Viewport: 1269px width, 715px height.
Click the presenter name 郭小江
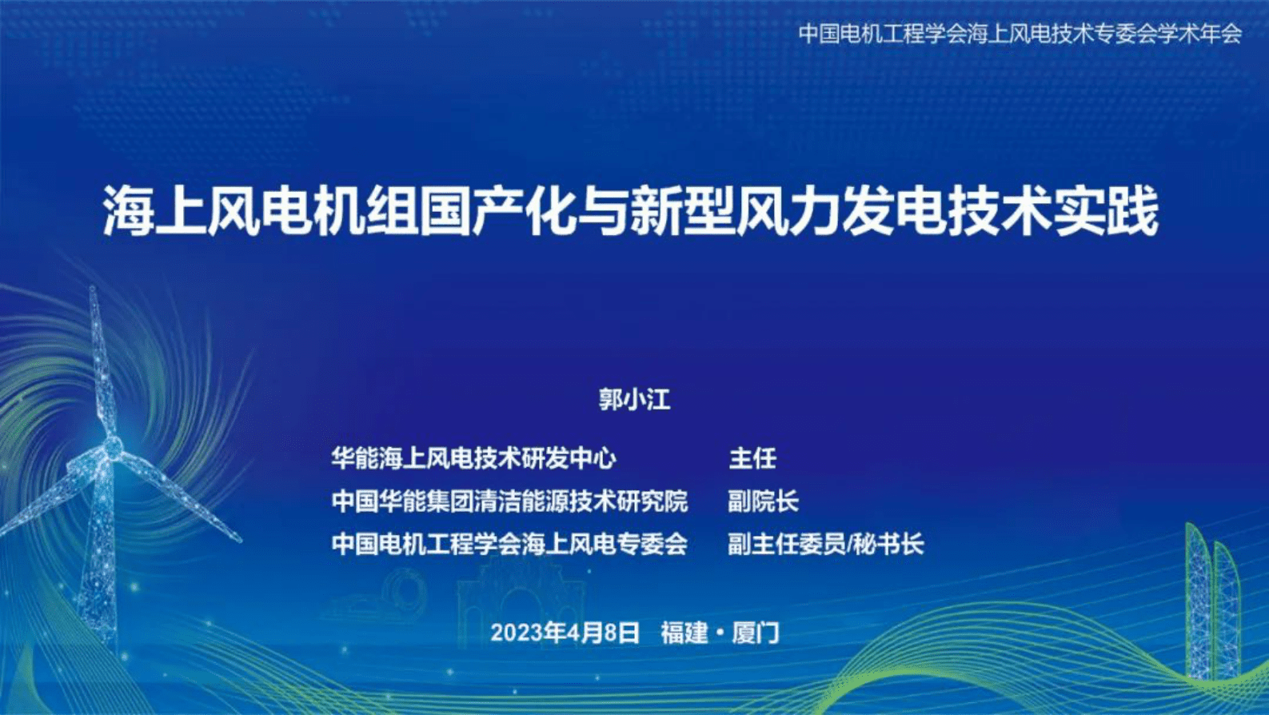tap(634, 399)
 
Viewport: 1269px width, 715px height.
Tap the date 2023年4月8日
tap(565, 633)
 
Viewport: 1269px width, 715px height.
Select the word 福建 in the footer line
tap(684, 633)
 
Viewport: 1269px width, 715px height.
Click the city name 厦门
tap(756, 633)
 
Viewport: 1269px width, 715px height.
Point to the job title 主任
tap(752, 458)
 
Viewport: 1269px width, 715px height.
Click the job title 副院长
tap(763, 501)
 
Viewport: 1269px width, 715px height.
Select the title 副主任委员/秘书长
tap(825, 545)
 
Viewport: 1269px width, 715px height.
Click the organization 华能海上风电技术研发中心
tap(473, 458)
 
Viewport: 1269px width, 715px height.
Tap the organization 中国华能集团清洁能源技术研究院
tap(509, 501)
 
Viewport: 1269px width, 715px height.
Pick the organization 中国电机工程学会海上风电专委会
tap(509, 545)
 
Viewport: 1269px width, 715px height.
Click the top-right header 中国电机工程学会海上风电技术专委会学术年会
tap(1020, 34)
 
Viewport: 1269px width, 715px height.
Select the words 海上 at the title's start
tap(154, 212)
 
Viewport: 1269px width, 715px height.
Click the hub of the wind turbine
tap(112, 446)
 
